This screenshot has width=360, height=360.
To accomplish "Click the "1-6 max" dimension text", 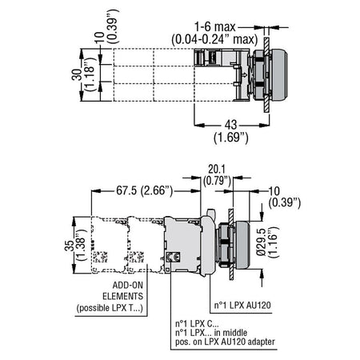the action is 215,27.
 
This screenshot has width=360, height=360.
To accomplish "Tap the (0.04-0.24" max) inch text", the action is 215,39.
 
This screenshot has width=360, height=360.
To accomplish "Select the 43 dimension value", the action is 230,125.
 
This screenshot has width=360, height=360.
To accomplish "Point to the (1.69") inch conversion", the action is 231,138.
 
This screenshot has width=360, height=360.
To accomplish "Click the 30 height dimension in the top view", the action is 77,75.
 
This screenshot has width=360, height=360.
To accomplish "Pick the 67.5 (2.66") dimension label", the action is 145,190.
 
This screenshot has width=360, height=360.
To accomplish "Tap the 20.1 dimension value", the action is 217,169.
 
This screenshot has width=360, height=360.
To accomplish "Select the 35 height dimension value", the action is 70,246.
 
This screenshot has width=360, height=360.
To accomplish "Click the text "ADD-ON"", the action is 128,285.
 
